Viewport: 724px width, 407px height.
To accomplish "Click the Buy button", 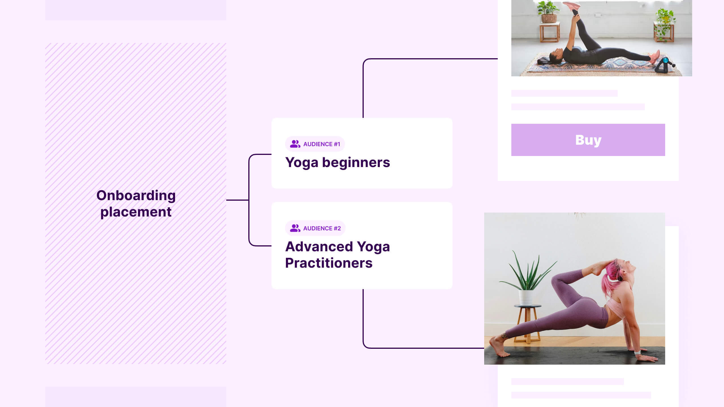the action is click(588, 140).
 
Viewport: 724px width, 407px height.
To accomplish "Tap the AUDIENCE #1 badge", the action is click(315, 144).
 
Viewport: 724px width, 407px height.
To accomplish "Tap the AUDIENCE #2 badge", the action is click(315, 228).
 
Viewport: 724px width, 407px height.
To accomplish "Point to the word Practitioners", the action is click(329, 263).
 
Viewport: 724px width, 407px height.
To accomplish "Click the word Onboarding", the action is click(136, 196).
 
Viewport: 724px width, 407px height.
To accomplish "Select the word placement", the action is click(136, 212).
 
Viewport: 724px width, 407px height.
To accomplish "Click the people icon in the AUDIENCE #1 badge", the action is click(295, 144).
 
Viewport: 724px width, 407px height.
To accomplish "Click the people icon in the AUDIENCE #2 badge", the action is click(295, 228).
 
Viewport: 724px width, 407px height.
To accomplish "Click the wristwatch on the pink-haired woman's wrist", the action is click(637, 352).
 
